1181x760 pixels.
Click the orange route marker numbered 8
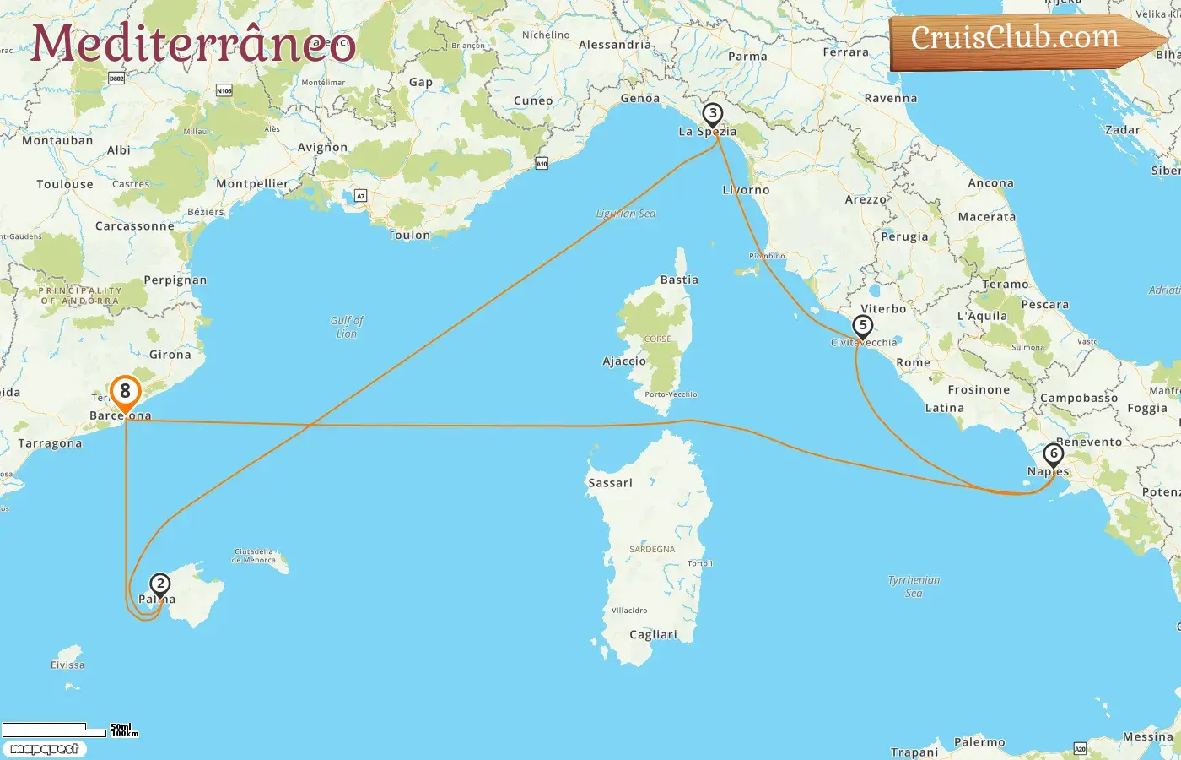125,391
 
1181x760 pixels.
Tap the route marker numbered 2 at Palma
159,584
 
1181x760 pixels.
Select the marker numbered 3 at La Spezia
713,114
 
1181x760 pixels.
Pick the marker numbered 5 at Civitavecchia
862,325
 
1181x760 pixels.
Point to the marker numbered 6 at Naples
1053,454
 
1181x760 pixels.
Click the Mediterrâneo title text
193,43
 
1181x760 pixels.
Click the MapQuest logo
44,749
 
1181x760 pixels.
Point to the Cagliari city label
653,635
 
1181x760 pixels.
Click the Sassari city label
610,483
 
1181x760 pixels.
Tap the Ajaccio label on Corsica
624,361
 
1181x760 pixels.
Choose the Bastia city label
679,280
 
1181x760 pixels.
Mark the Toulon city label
410,236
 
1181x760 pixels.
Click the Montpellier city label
252,184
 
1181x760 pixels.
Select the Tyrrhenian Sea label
914,586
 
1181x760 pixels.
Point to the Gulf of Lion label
347,327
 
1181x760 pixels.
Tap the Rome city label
914,363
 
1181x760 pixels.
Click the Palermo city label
979,742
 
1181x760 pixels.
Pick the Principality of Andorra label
80,296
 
